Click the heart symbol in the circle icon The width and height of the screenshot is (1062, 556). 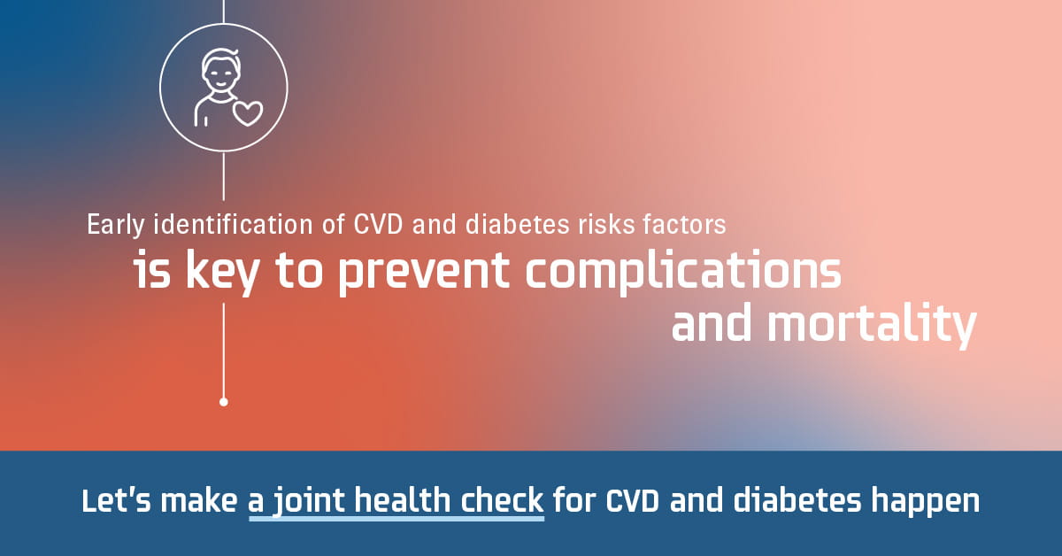(x=248, y=113)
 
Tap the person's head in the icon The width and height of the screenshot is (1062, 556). (x=220, y=70)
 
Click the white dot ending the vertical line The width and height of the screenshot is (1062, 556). (x=224, y=402)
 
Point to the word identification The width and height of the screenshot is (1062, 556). (x=233, y=224)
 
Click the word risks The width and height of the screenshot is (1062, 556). (x=606, y=224)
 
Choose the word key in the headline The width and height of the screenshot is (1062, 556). (x=222, y=271)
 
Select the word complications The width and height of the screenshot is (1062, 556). (x=683, y=271)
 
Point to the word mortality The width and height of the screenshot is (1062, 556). (x=872, y=325)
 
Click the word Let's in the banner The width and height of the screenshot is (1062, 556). (x=116, y=500)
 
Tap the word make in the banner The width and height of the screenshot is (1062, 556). (x=199, y=500)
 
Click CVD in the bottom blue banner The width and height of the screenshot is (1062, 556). (x=633, y=501)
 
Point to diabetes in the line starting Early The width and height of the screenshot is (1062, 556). (x=517, y=224)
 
